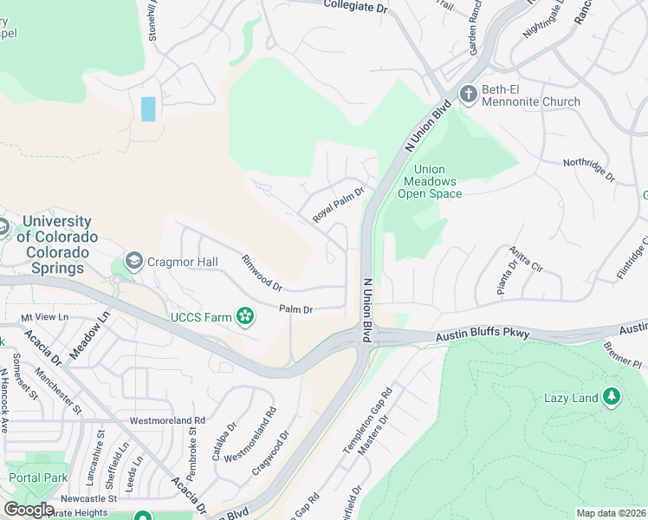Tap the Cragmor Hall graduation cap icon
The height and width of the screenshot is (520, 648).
pos(134,261)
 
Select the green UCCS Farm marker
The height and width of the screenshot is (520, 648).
pos(246,317)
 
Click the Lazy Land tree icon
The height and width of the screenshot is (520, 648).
pos(612,397)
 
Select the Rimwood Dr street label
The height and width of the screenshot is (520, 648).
pos(262,273)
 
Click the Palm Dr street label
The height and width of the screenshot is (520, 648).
pos(295,309)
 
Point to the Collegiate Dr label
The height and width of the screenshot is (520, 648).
pos(356,6)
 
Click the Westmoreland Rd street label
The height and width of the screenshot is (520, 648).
pos(167,420)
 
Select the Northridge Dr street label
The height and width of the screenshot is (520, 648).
pos(588,170)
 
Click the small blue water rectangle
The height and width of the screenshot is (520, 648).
pos(148,108)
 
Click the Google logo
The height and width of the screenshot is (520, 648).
pos(28,510)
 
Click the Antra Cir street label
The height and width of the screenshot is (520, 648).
pos(529,258)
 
